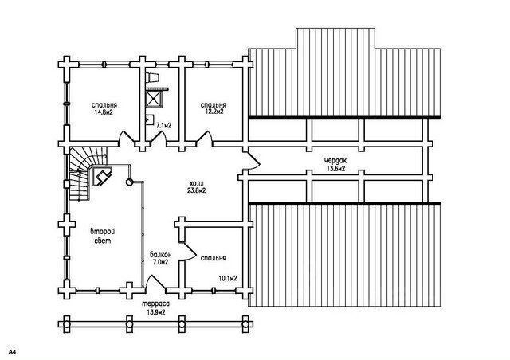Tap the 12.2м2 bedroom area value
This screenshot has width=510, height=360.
(213, 114)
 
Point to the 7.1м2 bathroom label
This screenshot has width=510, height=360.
(165, 125)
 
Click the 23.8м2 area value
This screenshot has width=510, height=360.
(196, 191)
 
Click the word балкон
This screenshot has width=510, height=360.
(160, 255)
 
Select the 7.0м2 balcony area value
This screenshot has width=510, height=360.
(160, 263)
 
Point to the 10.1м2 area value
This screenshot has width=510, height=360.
(229, 279)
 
